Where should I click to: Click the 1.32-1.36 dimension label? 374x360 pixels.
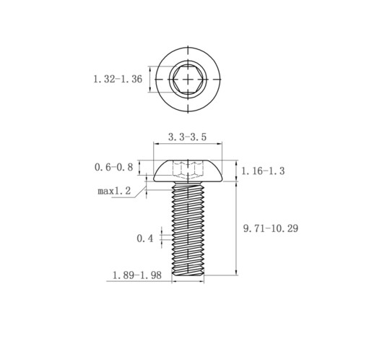[x=118, y=79]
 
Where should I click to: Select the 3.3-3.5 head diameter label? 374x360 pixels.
[x=187, y=137]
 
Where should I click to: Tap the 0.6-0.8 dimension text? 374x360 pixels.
[x=113, y=167]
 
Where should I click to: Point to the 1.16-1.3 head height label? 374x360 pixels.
[x=263, y=171]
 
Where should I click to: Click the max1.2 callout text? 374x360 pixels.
[x=114, y=191]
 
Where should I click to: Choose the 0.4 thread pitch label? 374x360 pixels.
[x=145, y=239]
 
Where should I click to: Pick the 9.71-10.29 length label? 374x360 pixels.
[x=271, y=228]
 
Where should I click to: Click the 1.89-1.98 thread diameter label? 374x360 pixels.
[x=137, y=275]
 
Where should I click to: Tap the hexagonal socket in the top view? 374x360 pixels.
[x=188, y=79]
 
